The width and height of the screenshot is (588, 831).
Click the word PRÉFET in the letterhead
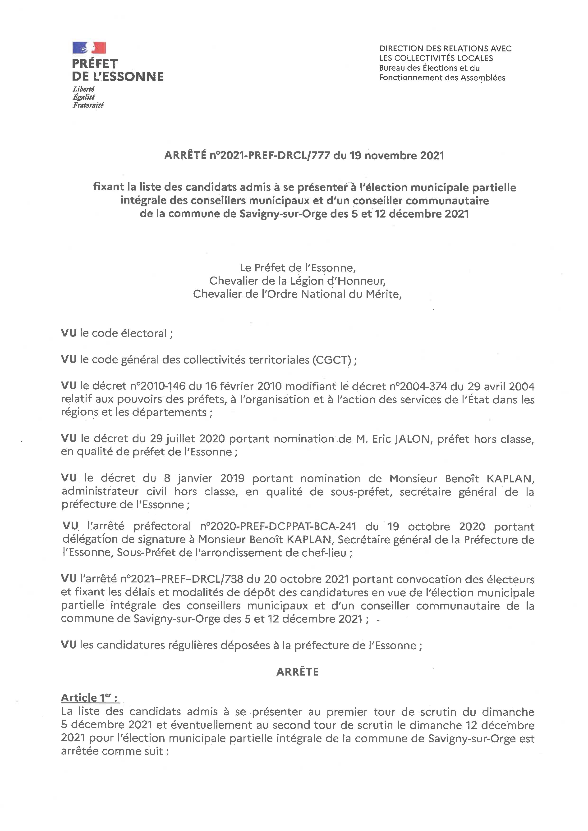[x=95, y=64]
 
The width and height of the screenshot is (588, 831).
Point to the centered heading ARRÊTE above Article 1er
[x=297, y=672]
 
